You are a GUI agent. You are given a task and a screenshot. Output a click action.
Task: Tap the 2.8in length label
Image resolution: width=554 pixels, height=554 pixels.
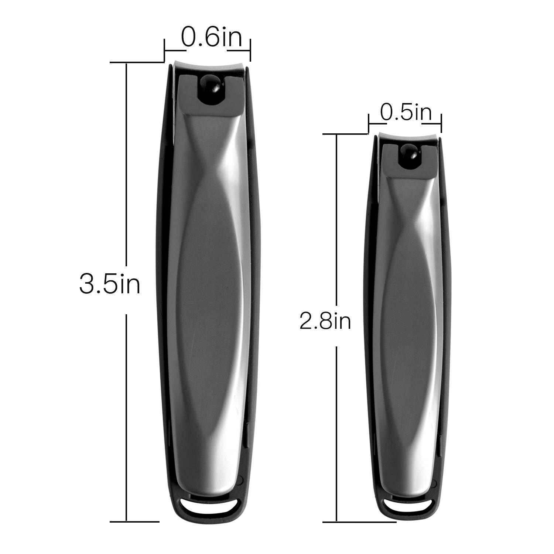[325, 321]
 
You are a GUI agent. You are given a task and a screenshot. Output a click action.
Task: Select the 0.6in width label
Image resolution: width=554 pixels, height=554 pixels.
[211, 38]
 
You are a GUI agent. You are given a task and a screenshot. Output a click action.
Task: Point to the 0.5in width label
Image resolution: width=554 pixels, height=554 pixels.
[406, 113]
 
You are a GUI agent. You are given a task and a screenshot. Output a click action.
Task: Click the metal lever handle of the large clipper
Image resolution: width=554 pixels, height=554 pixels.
[209, 295]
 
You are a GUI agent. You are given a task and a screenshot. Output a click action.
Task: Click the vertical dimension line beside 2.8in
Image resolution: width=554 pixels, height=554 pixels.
[336, 222]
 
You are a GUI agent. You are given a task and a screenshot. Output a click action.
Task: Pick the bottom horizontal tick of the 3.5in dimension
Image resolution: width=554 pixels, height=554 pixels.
[135, 521]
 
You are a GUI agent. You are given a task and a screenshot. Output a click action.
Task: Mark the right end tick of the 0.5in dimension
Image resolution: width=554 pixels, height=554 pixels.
[441, 123]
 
